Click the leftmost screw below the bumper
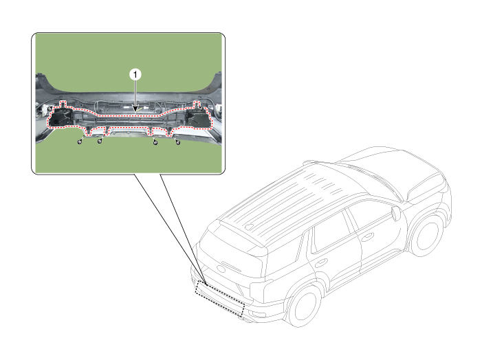[80, 142]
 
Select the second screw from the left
[100, 142]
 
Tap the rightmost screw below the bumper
[178, 142]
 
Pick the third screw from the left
[155, 142]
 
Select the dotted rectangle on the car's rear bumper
[221, 294]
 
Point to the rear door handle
[320, 262]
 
